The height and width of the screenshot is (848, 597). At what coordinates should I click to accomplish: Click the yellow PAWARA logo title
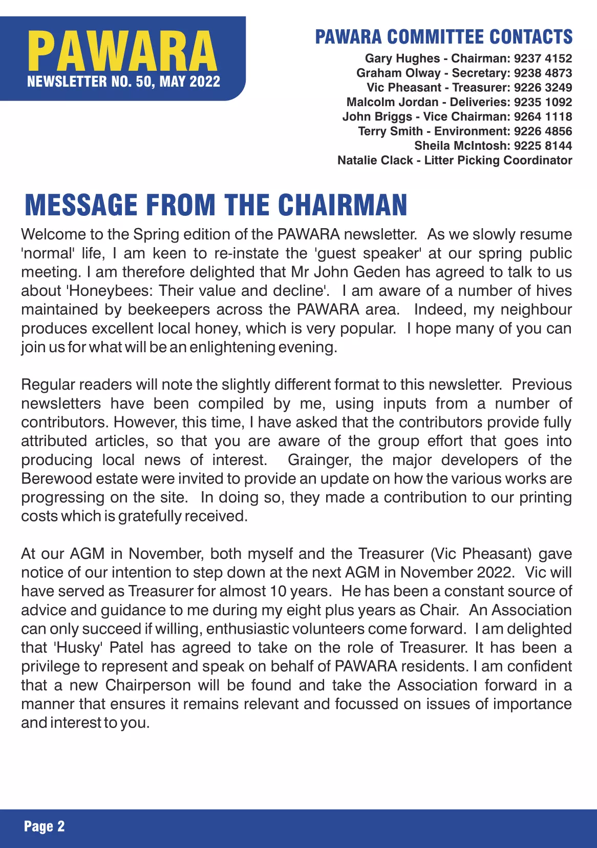tap(122, 51)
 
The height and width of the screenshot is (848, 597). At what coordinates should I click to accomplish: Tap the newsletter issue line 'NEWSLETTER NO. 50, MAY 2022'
tap(123, 82)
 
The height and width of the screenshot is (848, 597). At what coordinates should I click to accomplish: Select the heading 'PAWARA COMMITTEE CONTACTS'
tap(443, 37)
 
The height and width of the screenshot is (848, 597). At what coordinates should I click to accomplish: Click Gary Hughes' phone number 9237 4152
tap(543, 58)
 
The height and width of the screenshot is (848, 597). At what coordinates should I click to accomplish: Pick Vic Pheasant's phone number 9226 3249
tap(543, 88)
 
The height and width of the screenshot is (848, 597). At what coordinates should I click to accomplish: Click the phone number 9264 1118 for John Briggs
tap(543, 116)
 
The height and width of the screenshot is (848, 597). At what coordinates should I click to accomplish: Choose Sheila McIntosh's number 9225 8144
tap(543, 146)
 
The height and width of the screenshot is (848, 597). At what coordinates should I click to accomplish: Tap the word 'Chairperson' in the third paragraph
tap(148, 685)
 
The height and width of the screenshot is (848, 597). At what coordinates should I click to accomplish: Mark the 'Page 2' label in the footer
tap(45, 826)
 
